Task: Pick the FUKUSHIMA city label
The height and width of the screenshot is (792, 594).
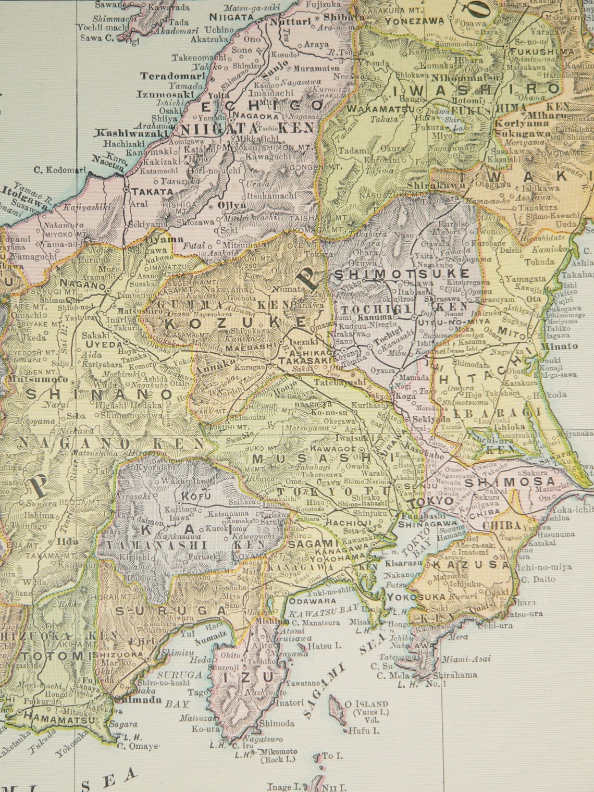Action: pyautogui.click(x=541, y=52)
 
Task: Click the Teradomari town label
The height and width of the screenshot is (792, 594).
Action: pyautogui.click(x=167, y=76)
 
